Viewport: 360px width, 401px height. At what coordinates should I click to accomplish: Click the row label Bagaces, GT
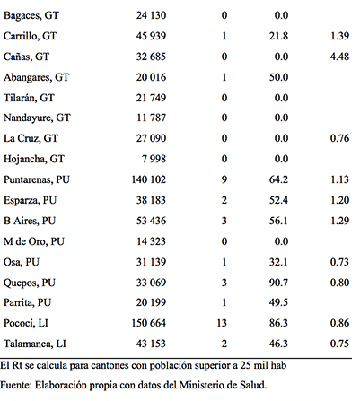[x=31, y=15]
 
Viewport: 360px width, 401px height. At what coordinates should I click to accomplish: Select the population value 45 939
[x=151, y=36]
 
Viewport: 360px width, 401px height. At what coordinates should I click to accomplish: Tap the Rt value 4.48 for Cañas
[x=339, y=57]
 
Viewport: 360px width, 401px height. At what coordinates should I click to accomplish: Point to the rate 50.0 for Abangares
[x=278, y=77]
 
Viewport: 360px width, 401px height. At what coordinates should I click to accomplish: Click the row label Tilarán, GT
[x=29, y=98]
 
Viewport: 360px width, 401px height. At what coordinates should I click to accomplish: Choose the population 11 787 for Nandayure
[x=151, y=118]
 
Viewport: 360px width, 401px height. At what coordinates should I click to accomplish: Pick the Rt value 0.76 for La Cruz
[x=339, y=138]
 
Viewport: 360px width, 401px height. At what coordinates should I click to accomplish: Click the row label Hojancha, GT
[x=34, y=159]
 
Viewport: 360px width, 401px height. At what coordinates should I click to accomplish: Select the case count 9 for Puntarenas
[x=224, y=179]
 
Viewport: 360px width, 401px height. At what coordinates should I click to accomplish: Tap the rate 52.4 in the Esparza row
[x=278, y=200]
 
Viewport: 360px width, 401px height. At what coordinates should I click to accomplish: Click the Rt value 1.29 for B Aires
[x=339, y=221]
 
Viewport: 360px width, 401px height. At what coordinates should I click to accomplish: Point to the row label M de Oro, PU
[x=34, y=241]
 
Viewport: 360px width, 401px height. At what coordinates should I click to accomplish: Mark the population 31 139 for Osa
[x=151, y=262]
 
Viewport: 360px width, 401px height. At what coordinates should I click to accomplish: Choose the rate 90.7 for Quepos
[x=278, y=283]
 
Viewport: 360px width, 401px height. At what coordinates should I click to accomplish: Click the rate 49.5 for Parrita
[x=278, y=302]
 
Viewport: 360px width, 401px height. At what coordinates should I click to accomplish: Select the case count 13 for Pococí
[x=222, y=323]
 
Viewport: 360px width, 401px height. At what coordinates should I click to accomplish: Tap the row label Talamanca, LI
[x=35, y=344]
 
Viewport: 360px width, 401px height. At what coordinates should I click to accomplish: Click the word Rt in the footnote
[x=17, y=365]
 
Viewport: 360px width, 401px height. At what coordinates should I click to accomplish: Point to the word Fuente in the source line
[x=16, y=385]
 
